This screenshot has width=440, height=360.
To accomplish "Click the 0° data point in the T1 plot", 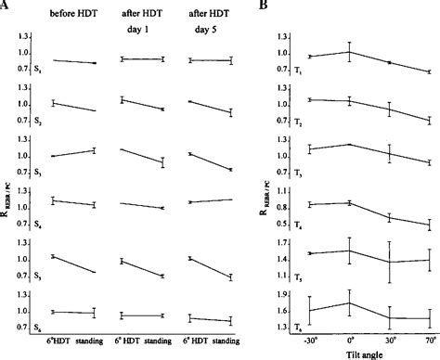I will point(350,52).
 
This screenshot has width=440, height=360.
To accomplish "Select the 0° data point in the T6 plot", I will point(350,302).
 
